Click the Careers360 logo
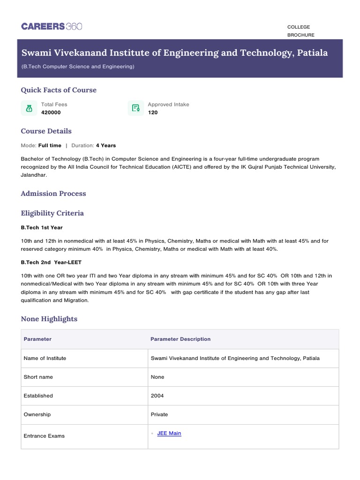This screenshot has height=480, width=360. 52,26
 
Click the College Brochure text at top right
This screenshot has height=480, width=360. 300,31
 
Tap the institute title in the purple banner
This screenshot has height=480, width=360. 174,52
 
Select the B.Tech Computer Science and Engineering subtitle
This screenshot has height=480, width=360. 78,67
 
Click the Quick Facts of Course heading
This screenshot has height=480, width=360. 59,90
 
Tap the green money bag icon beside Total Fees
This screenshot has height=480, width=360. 29,108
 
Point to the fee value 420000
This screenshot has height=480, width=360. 51,112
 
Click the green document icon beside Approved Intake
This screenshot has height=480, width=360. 135,108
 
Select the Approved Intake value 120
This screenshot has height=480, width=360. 153,112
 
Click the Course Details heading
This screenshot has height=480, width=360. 46,131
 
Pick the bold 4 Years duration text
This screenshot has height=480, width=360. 105,145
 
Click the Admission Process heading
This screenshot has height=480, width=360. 53,193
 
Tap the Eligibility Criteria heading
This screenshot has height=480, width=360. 52,213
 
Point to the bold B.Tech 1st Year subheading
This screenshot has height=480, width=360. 42,227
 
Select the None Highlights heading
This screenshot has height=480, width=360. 49,319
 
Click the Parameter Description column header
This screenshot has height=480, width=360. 180,339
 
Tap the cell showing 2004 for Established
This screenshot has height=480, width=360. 157,396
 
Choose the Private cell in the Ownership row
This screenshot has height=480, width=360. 159,414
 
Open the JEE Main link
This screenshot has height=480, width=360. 169,433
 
